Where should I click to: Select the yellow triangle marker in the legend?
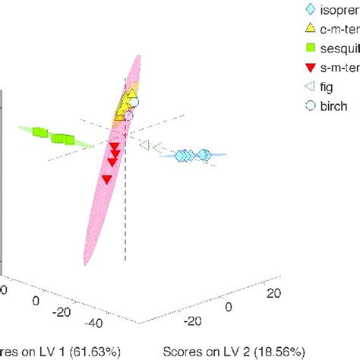309,29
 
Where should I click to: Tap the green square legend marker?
309,49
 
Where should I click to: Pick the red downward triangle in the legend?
309,68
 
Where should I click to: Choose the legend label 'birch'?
337,106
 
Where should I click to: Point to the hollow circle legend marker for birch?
309,106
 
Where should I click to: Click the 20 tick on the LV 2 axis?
274,293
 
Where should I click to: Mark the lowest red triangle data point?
107,179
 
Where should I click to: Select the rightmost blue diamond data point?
205,155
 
